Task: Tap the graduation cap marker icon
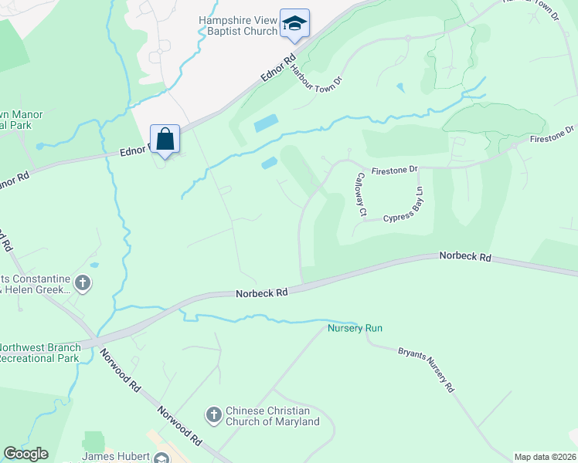coord(294,24)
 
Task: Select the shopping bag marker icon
coord(165,140)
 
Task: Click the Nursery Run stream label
coord(355,328)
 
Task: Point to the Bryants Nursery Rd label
coord(425,371)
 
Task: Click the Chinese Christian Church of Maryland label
coord(272,417)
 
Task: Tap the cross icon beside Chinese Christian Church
coord(214,416)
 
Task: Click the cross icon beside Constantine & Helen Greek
coord(83,284)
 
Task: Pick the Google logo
coord(25,454)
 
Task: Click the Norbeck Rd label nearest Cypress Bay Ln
coord(465,255)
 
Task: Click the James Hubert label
coord(116,456)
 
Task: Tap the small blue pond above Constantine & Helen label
coord(94,265)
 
